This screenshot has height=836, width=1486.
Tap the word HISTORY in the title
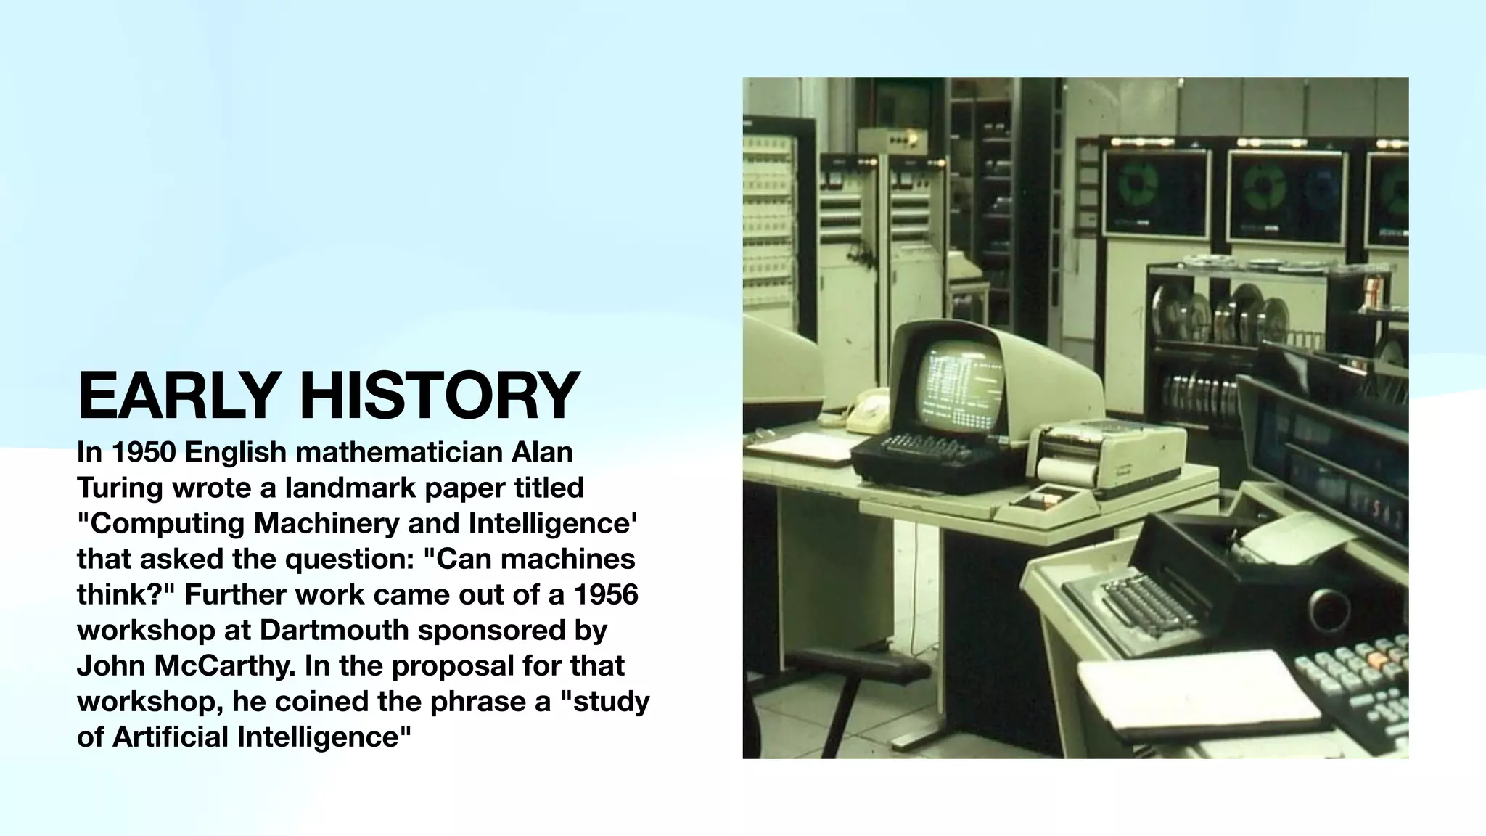[440, 396]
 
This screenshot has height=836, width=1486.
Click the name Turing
[119, 488]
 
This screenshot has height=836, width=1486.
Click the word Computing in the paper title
[165, 523]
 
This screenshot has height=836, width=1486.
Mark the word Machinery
[329, 523]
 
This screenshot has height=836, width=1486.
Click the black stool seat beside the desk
[856, 664]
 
